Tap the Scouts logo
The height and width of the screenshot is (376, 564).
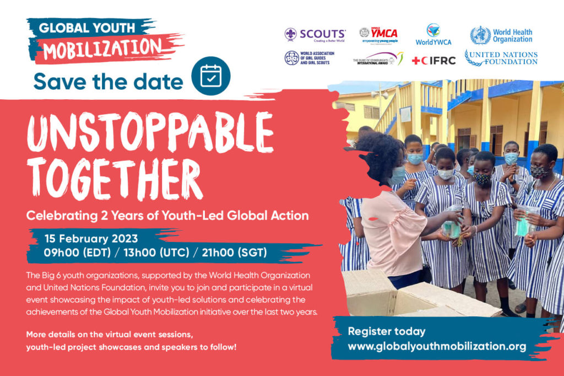315,35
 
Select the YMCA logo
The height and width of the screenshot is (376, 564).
379,35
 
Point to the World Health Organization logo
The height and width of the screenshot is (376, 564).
502,35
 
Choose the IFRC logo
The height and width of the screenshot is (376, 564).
434,60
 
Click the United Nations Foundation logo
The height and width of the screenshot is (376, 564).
501,58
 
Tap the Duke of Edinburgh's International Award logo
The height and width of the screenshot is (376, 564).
378,58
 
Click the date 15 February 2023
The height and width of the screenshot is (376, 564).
91,239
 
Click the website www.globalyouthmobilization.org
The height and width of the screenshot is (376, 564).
437,347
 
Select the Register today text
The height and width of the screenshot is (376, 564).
387,331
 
